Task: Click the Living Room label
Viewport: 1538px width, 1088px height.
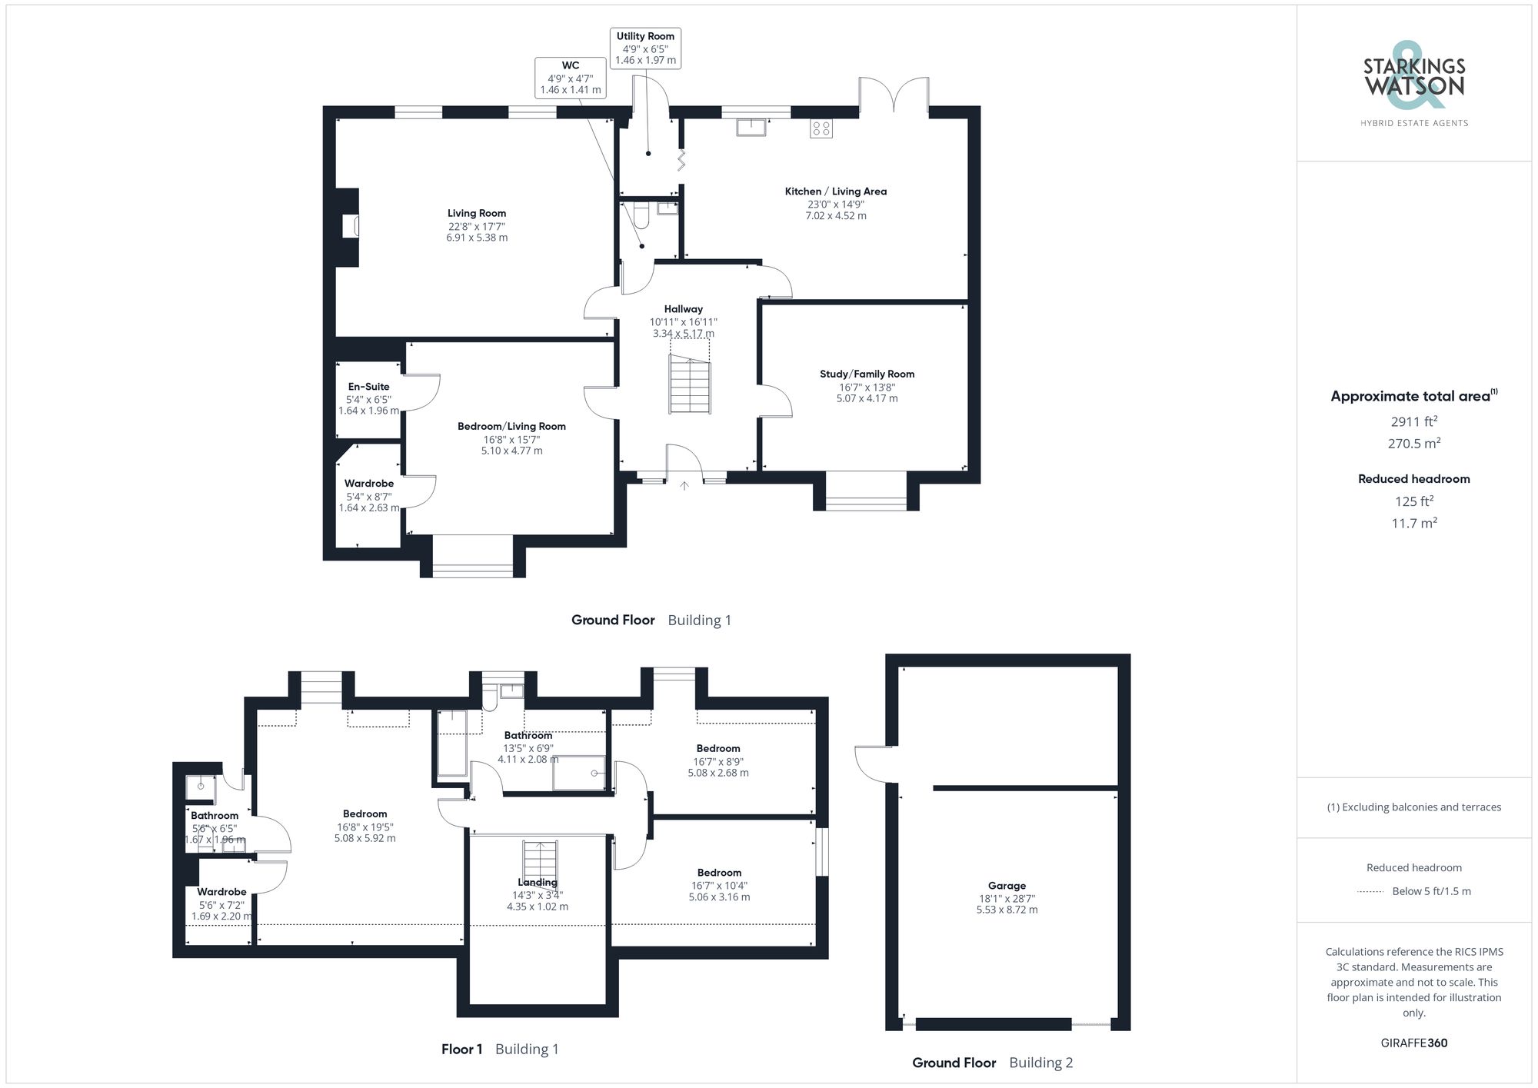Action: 477,213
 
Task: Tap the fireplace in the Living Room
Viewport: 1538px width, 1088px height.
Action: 351,227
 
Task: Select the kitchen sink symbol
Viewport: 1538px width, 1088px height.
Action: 751,127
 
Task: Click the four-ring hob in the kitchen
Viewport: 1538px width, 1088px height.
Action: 821,128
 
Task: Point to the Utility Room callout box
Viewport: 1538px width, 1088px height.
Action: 645,48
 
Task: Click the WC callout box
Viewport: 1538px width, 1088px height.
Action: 570,77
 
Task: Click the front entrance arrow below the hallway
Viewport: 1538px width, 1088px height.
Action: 684,486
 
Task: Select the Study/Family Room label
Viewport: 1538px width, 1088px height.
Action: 867,374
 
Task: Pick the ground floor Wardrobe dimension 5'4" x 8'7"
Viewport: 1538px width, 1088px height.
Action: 368,497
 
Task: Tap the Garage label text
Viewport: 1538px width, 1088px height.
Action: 1007,885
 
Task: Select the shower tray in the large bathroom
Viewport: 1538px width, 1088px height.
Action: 578,773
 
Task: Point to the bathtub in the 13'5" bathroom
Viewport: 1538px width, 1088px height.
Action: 452,743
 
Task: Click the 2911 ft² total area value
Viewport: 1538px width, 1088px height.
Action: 1413,421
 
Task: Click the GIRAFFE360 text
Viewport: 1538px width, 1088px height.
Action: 1413,1043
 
